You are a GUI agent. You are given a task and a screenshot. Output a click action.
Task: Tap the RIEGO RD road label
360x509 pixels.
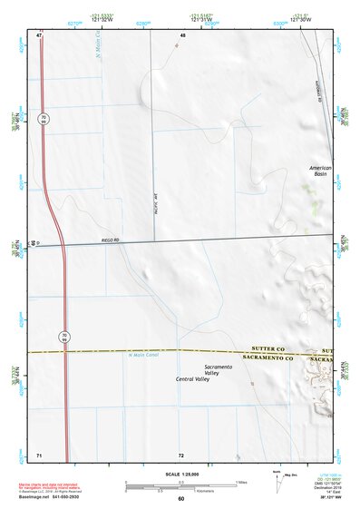(111, 240)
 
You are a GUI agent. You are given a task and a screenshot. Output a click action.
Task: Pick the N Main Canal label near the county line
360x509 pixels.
(142, 355)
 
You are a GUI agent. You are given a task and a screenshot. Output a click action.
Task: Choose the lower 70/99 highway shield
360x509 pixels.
(63, 337)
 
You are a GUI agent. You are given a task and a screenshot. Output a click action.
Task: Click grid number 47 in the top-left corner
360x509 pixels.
(40, 34)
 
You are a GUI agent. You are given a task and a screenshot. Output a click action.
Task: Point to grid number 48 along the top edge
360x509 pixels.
(182, 34)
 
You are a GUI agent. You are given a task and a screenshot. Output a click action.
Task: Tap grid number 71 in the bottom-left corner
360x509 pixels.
(39, 454)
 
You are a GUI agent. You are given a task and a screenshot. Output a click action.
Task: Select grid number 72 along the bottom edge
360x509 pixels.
(181, 454)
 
